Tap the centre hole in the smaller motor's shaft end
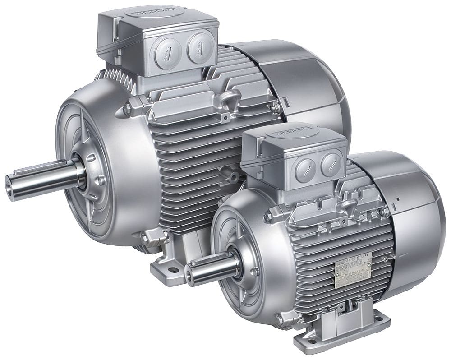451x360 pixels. pos(188,275)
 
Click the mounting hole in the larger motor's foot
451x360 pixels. pos(172,271)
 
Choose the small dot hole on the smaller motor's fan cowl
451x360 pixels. pos(398,198)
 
